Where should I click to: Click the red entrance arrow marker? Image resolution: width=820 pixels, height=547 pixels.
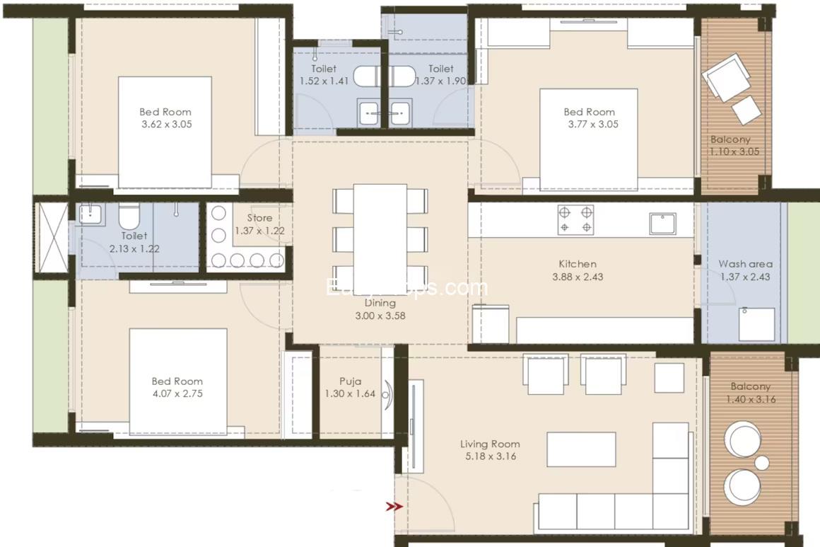tap(394, 507)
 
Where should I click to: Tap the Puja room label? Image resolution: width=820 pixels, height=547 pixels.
tap(350, 381)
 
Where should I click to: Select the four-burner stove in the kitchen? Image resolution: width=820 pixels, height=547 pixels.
tap(575, 219)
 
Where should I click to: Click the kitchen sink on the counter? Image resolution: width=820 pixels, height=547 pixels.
tap(662, 224)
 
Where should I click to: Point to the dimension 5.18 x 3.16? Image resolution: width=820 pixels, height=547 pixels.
tap(490, 456)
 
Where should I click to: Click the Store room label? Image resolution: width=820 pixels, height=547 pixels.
tap(259, 218)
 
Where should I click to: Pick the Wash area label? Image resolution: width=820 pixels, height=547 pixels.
tap(745, 264)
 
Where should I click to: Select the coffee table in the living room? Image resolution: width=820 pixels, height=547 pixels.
tap(581, 449)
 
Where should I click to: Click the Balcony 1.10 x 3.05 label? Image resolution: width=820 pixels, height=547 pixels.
tap(730, 139)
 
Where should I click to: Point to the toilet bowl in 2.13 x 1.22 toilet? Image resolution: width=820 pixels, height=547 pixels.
tap(129, 216)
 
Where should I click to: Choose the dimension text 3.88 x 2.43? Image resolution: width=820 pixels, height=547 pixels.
tap(578, 277)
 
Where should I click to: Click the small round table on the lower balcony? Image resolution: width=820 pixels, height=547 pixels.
tap(761, 463)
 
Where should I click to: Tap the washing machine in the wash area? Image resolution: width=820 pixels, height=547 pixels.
tap(756, 323)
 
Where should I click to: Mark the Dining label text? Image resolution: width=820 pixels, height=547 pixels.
tap(380, 303)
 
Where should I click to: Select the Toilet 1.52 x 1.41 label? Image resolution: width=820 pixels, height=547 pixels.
tap(324, 69)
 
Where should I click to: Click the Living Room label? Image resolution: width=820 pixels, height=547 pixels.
tap(490, 444)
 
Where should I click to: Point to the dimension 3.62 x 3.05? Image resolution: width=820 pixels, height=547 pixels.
tap(165, 124)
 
